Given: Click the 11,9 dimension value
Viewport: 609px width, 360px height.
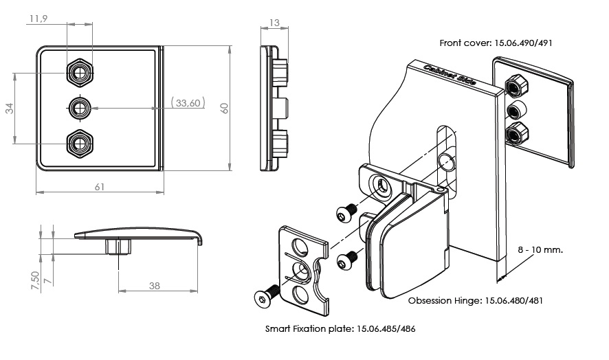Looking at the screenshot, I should pyautogui.click(x=38, y=19).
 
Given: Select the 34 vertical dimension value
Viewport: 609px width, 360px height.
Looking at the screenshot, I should pyautogui.click(x=10, y=108).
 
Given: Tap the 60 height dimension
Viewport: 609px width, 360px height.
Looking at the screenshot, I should pyautogui.click(x=224, y=108).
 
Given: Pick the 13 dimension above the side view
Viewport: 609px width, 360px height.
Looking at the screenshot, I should pyautogui.click(x=274, y=23).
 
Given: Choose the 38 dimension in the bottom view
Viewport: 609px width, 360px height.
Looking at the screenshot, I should pyautogui.click(x=155, y=285).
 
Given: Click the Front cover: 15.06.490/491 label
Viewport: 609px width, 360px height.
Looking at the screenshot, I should pyautogui.click(x=496, y=43).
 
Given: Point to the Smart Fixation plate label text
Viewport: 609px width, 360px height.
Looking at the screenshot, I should pyautogui.click(x=340, y=329).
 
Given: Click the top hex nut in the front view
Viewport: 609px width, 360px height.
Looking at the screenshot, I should pyautogui.click(x=81, y=71).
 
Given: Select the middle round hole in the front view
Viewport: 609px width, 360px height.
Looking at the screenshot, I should pyautogui.click(x=81, y=107).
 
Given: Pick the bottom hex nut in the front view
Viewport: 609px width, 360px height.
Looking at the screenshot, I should pyautogui.click(x=81, y=144).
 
